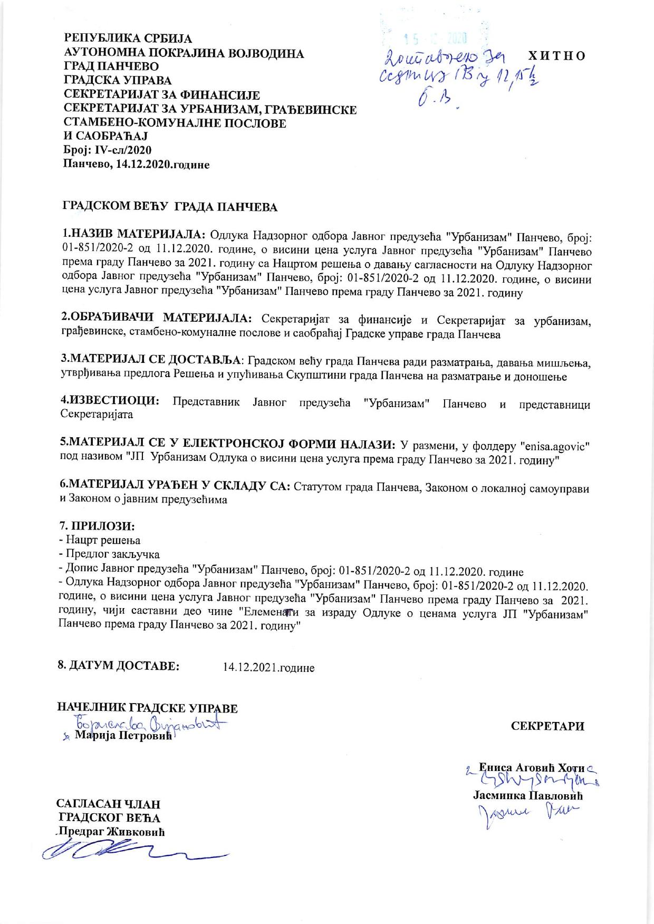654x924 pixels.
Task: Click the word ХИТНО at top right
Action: pyautogui.click(x=556, y=56)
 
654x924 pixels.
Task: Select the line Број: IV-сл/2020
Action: pyautogui.click(x=108, y=150)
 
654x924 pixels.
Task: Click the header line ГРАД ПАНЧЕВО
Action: pyautogui.click(x=111, y=67)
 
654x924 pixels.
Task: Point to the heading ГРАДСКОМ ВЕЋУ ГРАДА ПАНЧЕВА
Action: pyautogui.click(x=170, y=207)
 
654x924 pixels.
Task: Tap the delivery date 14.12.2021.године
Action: pyautogui.click(x=269, y=668)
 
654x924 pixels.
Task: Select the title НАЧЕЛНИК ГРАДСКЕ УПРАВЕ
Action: pyautogui.click(x=147, y=708)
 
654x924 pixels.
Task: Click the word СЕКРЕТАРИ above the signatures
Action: pyautogui.click(x=547, y=726)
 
